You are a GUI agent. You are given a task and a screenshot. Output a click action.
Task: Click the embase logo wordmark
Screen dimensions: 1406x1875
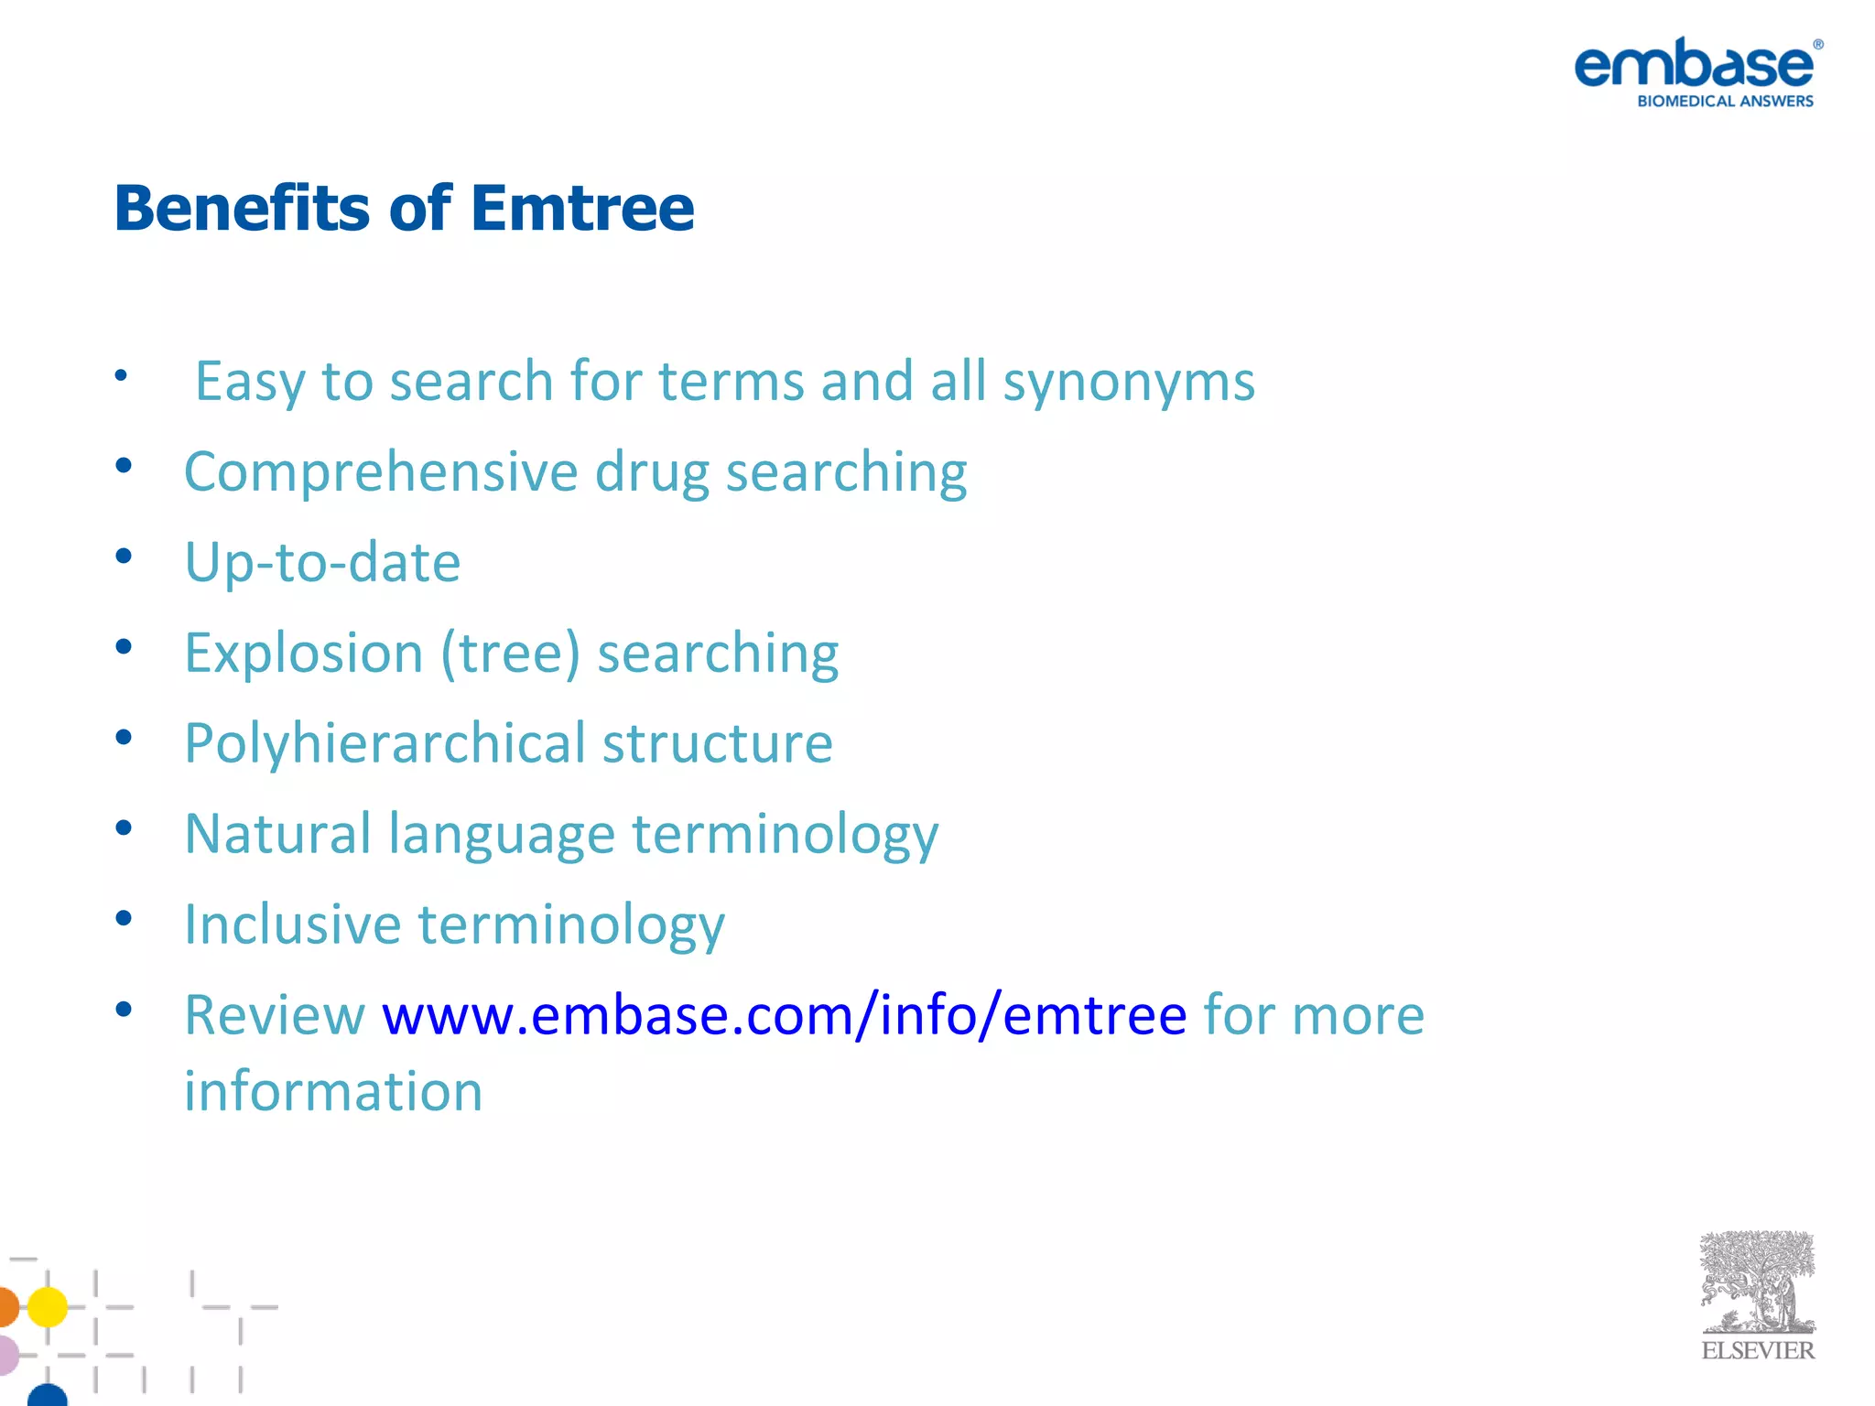pos(1694,64)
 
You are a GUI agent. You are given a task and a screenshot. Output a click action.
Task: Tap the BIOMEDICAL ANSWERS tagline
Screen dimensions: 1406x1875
pos(1725,102)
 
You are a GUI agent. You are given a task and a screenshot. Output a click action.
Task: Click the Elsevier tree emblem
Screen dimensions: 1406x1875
pos(1757,1282)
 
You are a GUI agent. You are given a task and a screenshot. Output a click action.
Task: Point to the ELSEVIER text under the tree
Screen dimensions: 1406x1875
pos(1757,1351)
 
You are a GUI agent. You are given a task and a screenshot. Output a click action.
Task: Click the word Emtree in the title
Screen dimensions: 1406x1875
pos(582,209)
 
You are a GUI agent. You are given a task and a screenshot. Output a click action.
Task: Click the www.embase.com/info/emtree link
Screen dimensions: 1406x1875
pos(784,1015)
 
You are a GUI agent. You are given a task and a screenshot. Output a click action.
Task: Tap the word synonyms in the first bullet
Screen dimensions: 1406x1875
pos(1128,383)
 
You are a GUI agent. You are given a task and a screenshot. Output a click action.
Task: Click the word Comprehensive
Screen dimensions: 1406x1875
pos(381,473)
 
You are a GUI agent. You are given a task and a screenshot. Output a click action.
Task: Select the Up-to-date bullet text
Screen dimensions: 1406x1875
pos(322,562)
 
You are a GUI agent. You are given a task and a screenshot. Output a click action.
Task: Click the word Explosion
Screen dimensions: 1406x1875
pos(303,654)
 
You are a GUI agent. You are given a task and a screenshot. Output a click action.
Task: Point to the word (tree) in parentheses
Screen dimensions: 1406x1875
pos(510,654)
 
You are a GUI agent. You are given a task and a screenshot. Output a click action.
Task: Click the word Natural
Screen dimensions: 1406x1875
pos(277,834)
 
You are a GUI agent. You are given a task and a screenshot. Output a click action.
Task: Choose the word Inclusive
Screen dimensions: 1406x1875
pos(292,925)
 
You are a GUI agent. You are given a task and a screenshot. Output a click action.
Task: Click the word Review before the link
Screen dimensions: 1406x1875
pos(274,1015)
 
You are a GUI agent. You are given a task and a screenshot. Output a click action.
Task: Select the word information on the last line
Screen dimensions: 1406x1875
pos(333,1091)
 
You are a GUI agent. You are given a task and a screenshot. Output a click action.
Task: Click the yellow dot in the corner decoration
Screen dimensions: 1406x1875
pos(47,1306)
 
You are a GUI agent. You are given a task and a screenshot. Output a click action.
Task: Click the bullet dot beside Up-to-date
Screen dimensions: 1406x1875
pos(124,557)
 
